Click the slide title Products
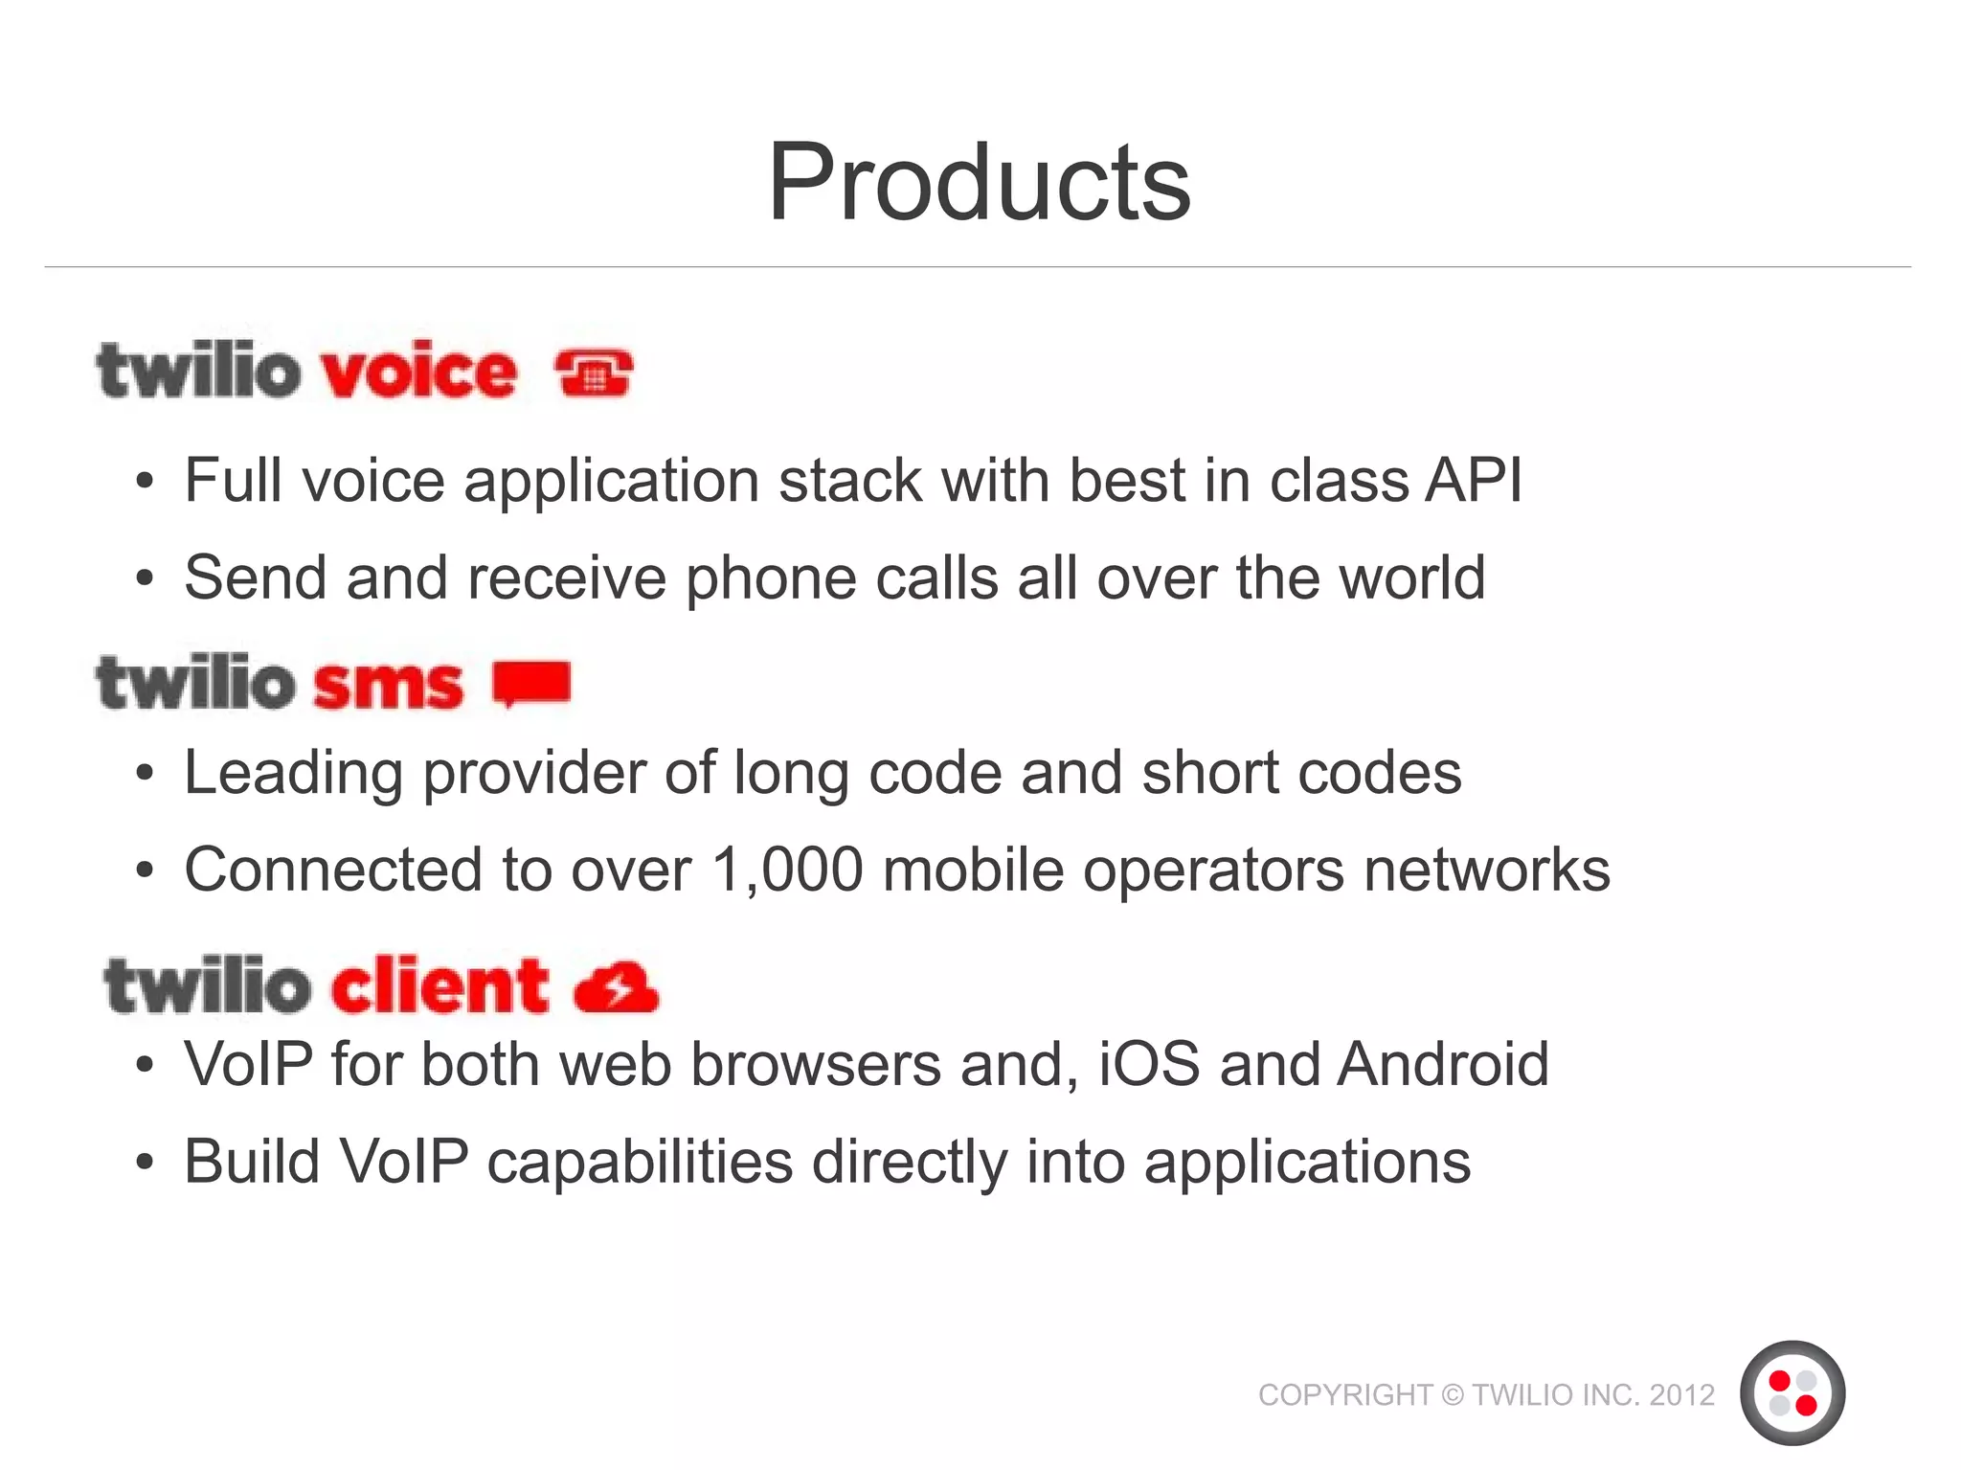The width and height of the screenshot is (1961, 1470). pos(979,182)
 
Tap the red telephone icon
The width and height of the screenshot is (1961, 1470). pos(594,373)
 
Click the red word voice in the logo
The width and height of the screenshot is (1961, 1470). pos(418,372)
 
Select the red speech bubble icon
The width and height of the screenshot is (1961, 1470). pos(531,684)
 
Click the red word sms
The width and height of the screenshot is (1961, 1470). pos(388,686)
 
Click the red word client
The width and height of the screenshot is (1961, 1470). pos(440,985)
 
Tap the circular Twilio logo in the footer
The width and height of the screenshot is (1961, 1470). pos(1792,1393)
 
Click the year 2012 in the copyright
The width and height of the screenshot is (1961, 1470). pos(1681,1395)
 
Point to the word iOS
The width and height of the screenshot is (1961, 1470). pos(1148,1064)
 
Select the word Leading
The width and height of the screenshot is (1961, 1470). pos(293,774)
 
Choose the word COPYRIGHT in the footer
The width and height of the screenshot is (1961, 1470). pos(1344,1395)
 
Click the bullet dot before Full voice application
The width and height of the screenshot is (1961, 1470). pos(145,482)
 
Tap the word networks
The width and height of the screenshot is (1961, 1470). pos(1486,870)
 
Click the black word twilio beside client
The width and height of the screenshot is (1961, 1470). pos(208,987)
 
